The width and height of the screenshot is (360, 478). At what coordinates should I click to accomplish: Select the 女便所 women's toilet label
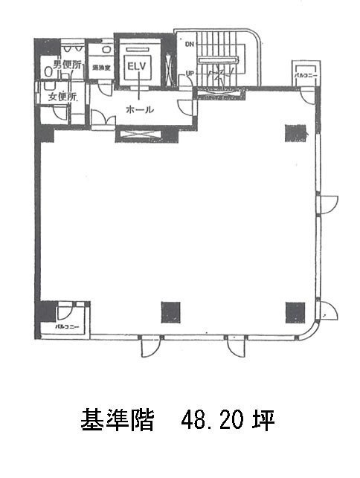62,96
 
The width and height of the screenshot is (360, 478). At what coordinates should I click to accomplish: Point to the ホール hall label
140,109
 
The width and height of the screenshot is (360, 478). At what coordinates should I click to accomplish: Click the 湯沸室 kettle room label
101,69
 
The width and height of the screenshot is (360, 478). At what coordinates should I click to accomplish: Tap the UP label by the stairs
190,73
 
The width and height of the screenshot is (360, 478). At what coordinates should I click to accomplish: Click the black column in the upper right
295,132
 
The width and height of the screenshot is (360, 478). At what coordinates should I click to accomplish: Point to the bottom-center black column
170,311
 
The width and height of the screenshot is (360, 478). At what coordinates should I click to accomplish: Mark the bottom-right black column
295,311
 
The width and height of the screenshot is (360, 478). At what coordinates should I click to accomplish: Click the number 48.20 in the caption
205,422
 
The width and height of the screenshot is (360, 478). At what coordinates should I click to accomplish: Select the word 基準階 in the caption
117,422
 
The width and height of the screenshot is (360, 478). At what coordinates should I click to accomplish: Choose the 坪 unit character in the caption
264,422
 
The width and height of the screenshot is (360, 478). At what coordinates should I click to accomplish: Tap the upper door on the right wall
328,203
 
